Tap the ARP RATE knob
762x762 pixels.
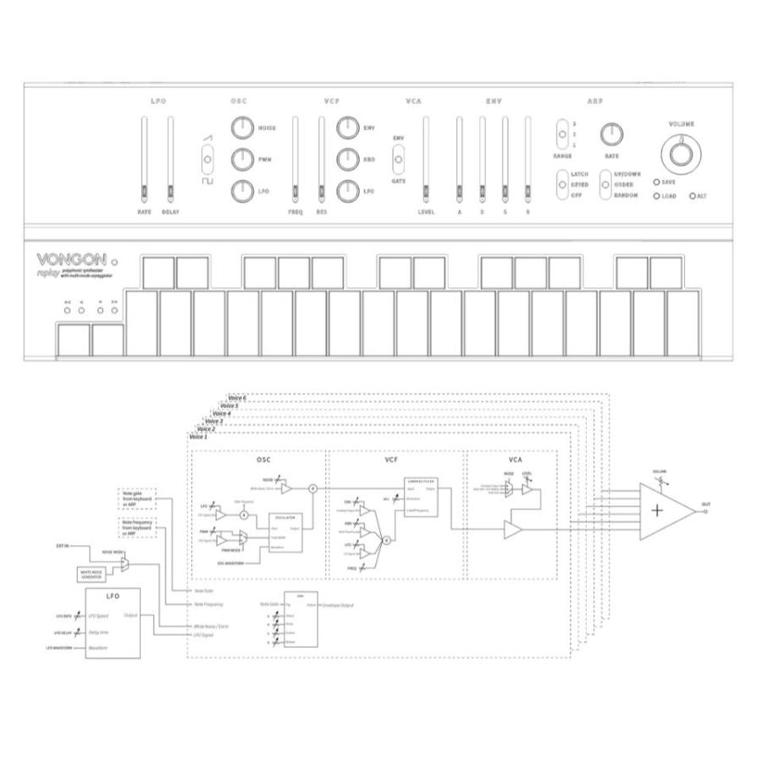(611, 134)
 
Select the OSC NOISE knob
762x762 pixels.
(243, 129)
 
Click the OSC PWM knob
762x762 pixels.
(243, 159)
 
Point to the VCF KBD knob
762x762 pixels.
(349, 159)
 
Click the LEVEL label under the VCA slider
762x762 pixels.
(426, 213)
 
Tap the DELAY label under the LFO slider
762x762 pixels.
(170, 213)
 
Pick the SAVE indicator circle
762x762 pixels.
(657, 182)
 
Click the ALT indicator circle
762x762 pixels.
(693, 196)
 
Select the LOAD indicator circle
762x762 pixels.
(657, 196)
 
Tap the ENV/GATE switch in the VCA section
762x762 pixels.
(397, 157)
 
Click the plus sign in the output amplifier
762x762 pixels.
(658, 510)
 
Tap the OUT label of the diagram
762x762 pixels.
(705, 505)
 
